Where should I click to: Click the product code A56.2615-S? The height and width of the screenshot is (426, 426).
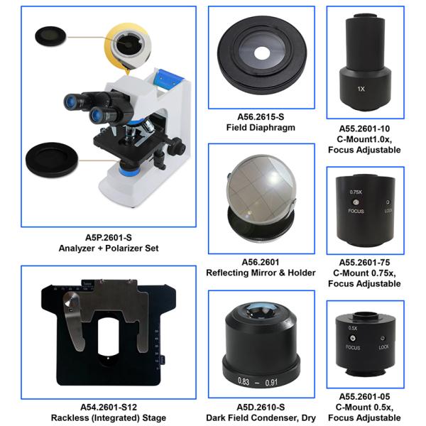pos(261,117)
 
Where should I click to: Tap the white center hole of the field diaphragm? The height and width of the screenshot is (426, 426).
pos(262,53)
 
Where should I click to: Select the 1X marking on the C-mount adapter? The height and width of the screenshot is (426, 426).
pos(361,89)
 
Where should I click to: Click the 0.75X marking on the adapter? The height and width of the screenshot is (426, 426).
pos(356,192)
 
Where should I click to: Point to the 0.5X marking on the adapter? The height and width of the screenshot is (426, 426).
pos(353,328)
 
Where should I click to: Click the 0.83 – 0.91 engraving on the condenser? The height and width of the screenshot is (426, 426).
pos(258,382)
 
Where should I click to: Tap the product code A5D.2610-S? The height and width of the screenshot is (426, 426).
pos(261,408)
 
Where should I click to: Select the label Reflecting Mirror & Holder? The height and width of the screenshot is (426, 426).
pos(261,273)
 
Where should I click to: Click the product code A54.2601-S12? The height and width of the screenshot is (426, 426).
pos(109,408)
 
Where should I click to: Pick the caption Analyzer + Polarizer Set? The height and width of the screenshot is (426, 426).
pos(109,248)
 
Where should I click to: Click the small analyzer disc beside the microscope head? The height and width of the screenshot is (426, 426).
pos(50,36)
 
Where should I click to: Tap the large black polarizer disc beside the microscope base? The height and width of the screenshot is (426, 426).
pos(52,160)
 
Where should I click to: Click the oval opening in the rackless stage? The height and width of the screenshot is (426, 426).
pos(108,337)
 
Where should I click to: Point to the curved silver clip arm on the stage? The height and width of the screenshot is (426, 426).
pos(73,321)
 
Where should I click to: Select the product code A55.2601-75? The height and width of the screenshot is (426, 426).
pos(364,263)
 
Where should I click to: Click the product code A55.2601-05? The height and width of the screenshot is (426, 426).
pos(364,397)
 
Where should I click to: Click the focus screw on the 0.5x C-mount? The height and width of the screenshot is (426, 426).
pos(353,338)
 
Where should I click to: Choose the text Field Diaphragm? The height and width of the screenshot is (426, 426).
pos(261,127)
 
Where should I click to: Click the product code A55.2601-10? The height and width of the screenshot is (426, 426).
pos(364,129)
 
